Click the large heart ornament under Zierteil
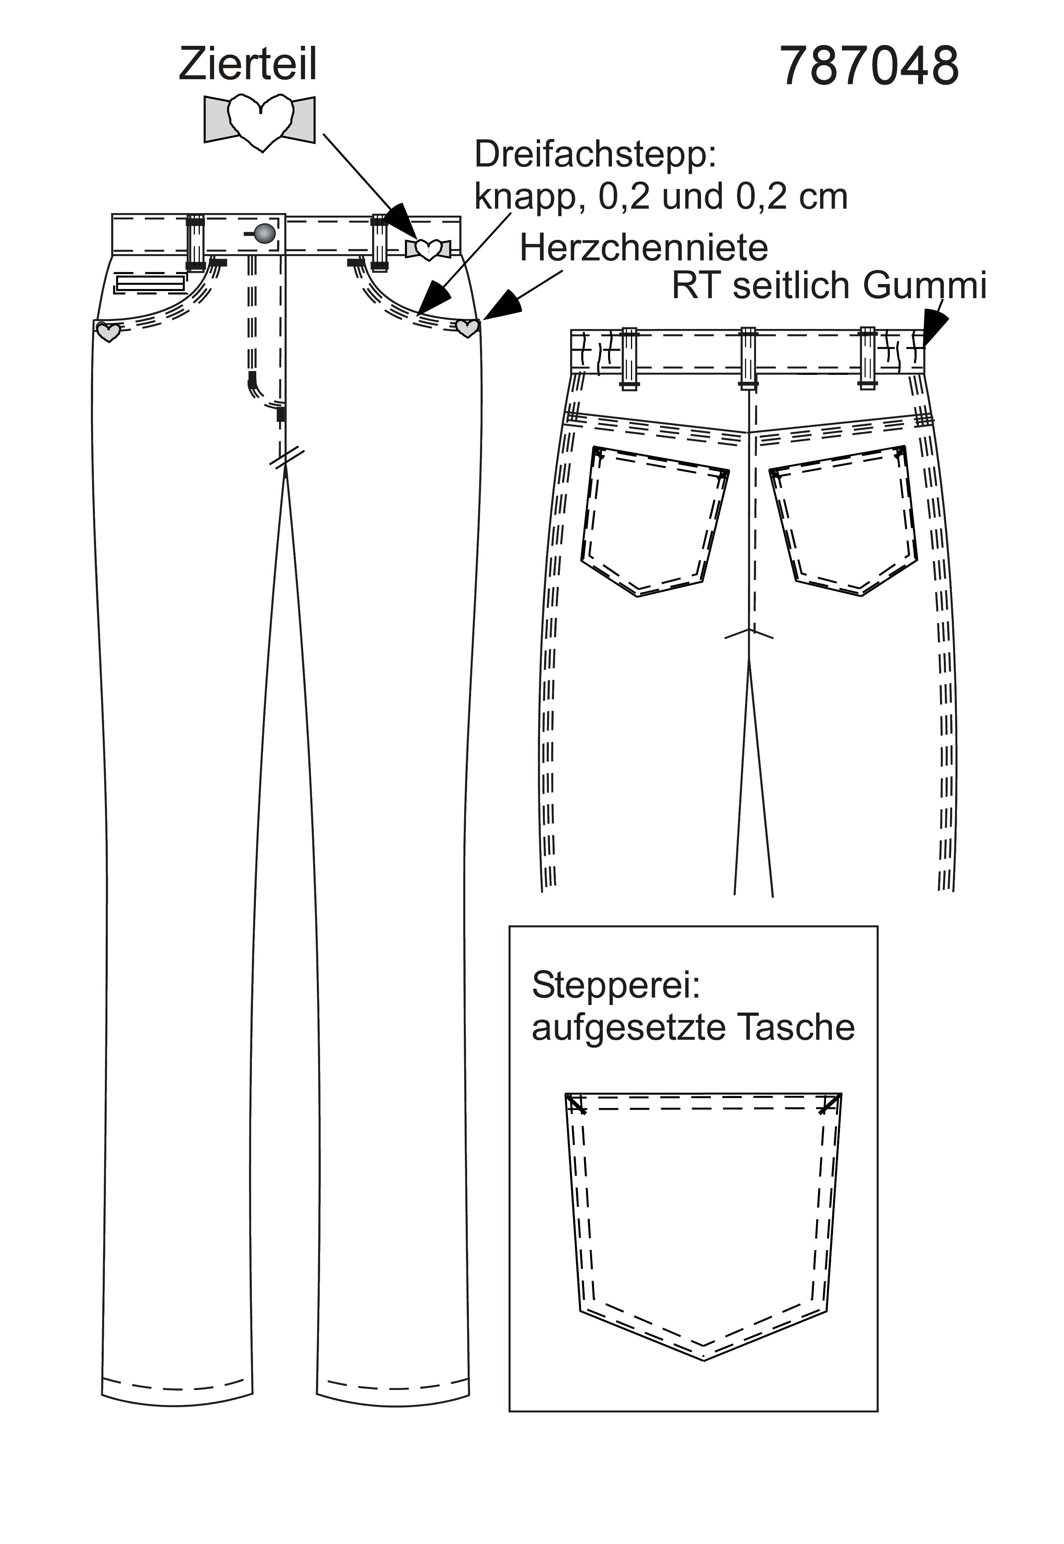(259, 122)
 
